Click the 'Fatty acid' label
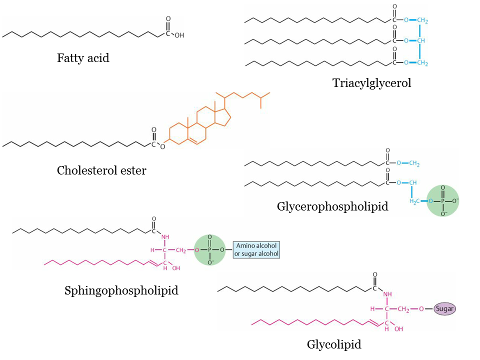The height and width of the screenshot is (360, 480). tap(83, 58)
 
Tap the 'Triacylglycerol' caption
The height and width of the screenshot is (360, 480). tap(371, 83)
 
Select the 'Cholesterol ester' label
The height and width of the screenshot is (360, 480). tap(101, 170)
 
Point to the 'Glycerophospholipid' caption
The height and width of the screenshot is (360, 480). tap(332, 206)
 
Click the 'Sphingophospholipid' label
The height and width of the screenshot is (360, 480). tap(121, 290)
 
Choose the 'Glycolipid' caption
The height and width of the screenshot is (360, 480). tap(334, 344)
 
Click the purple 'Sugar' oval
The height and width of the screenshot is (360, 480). tap(444, 309)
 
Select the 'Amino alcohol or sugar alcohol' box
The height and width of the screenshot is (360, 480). tap(256, 249)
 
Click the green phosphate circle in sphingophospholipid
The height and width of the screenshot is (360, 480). tap(210, 250)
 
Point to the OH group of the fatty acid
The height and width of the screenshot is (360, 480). tap(178, 36)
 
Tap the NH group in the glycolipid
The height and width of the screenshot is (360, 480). tap(386, 295)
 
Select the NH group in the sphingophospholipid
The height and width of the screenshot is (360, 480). tap(166, 237)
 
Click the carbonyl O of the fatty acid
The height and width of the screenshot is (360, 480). tap(168, 18)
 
